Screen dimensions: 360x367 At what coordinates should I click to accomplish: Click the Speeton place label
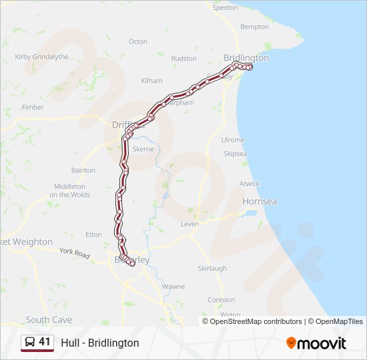click(225, 7)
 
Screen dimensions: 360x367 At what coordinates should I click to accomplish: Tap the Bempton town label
click(254, 27)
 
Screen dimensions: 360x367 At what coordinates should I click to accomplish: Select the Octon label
click(138, 41)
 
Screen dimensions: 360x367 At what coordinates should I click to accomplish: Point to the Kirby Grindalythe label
click(41, 57)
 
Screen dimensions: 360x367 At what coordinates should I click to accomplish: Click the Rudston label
click(184, 59)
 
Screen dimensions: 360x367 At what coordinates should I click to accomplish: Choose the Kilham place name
click(151, 81)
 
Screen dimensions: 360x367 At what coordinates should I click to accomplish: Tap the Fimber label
click(33, 107)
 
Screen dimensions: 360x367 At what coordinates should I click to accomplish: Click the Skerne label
click(143, 149)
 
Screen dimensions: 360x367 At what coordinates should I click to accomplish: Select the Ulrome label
click(233, 140)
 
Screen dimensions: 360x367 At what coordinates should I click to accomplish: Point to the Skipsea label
click(235, 153)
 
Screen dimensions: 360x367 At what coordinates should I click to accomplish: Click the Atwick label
click(250, 183)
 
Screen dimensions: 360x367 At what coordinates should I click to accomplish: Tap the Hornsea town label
click(260, 201)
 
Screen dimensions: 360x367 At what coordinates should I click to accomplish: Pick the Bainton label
click(83, 170)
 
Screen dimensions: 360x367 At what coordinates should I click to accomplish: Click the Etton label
click(93, 234)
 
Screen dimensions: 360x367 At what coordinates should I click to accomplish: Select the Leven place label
click(190, 224)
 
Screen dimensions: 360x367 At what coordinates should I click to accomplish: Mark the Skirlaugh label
click(212, 268)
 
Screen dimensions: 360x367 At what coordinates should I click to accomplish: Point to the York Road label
click(74, 253)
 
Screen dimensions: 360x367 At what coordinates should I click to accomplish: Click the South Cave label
click(49, 320)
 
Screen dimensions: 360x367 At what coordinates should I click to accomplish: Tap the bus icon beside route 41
click(30, 342)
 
